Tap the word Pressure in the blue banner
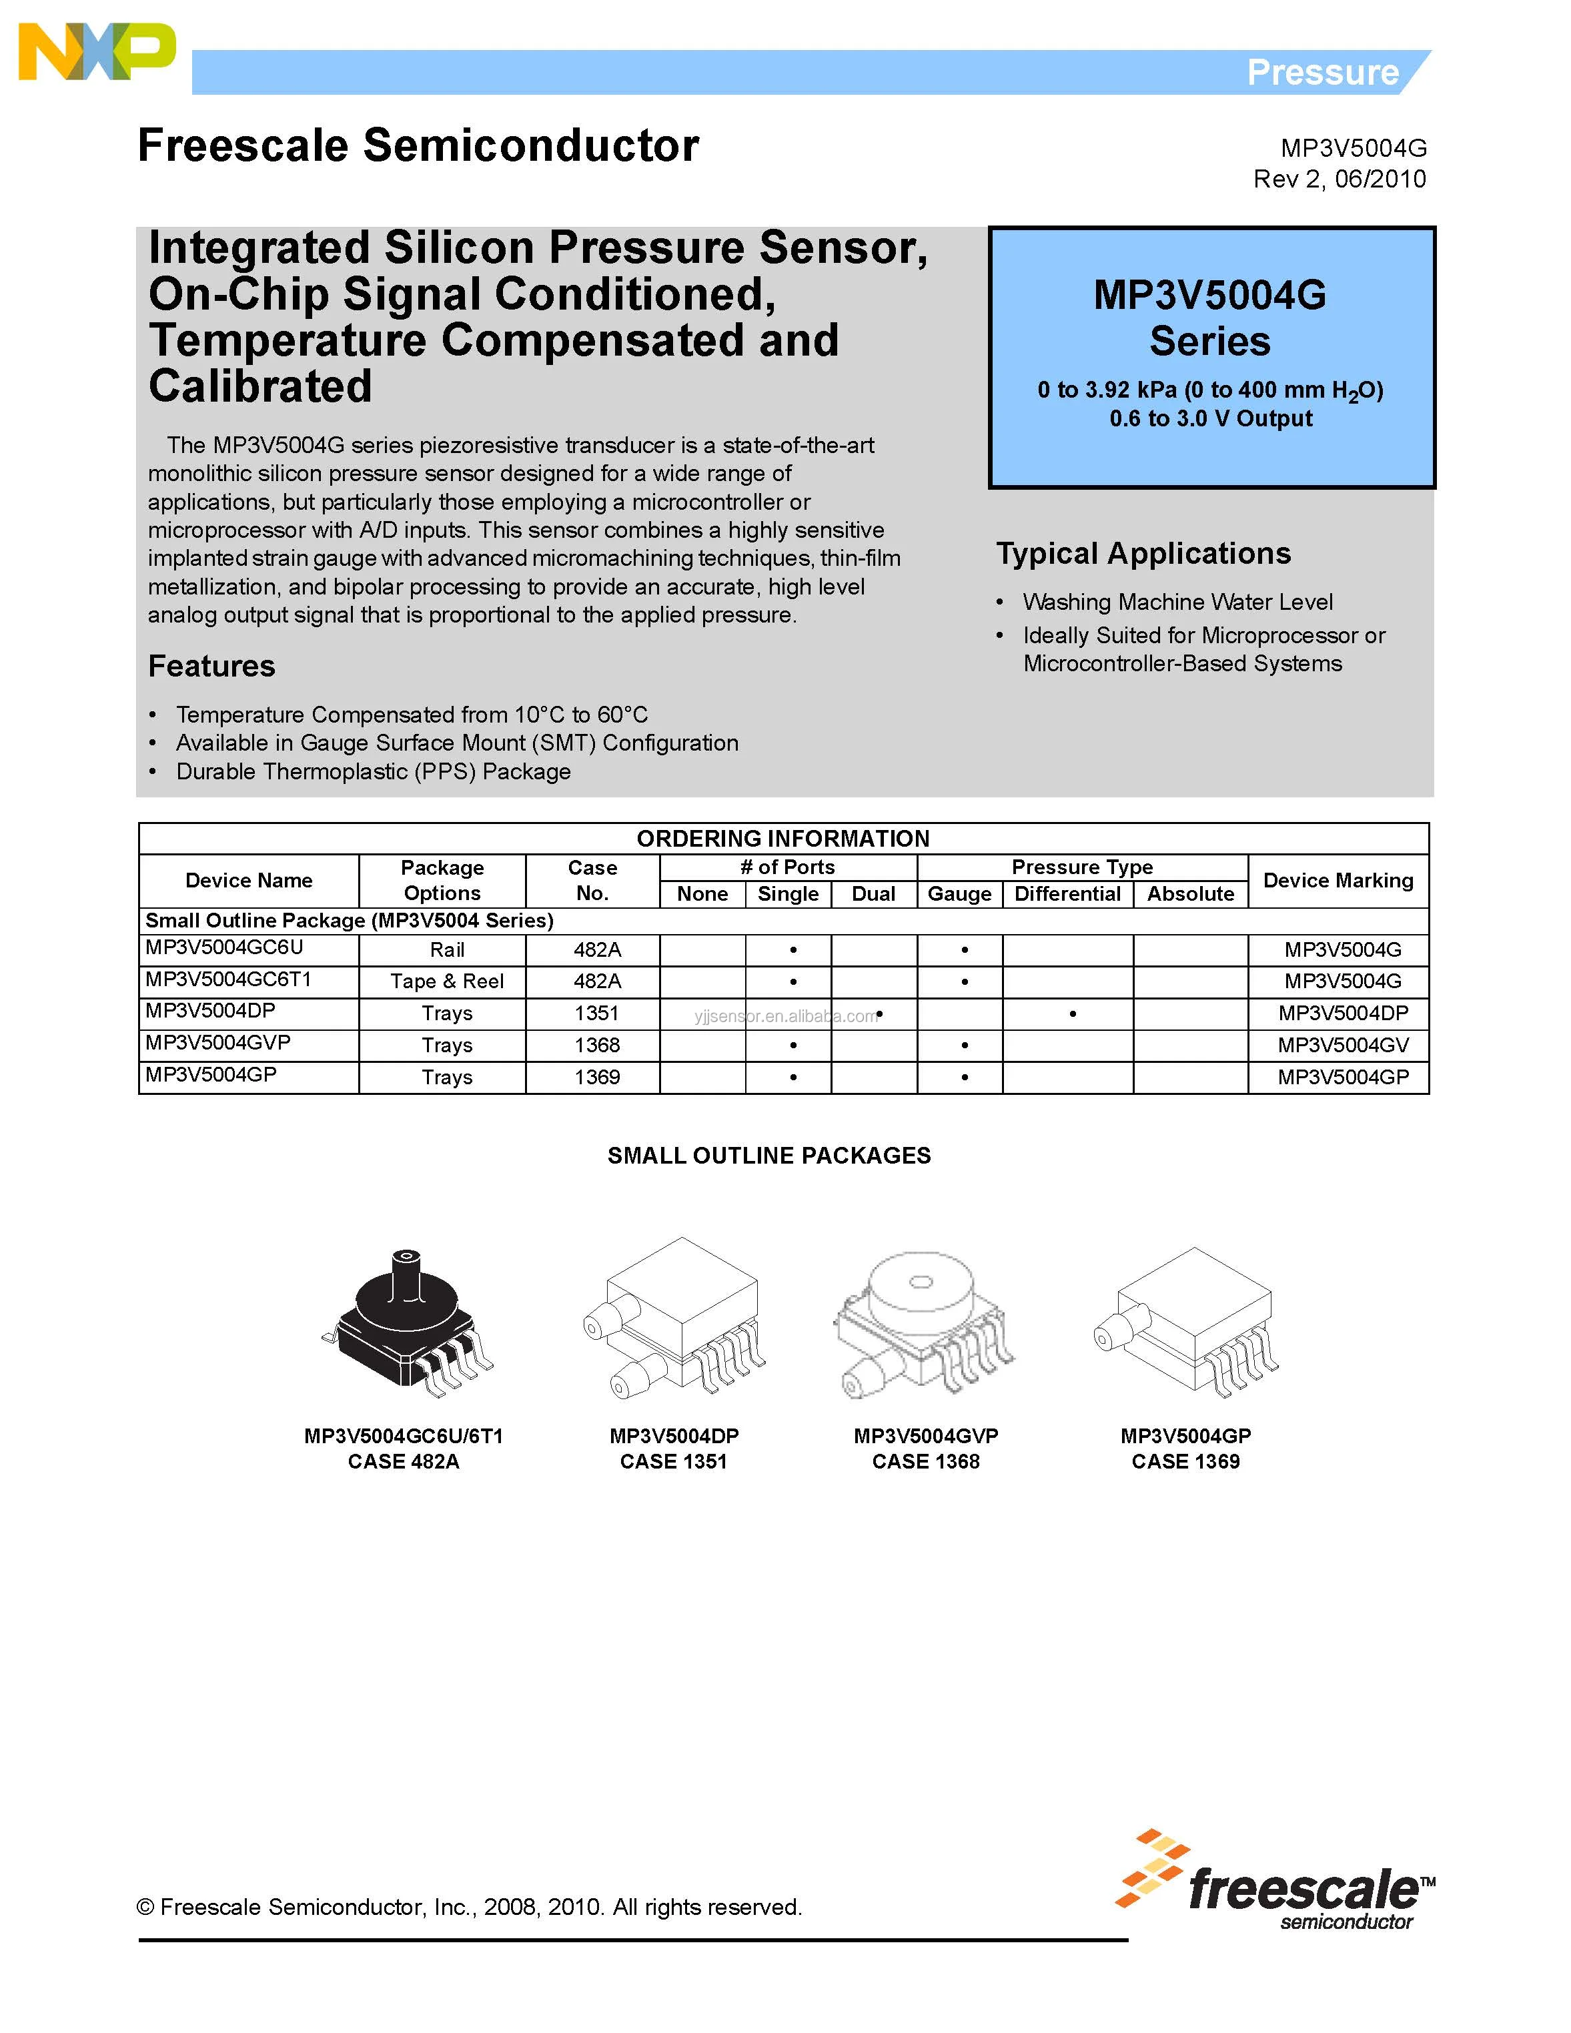coord(1322,73)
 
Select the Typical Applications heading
coord(1143,554)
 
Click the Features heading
coord(211,667)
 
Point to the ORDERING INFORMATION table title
coord(782,839)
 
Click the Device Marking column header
coord(1338,881)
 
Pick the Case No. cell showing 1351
coord(596,1013)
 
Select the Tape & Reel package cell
coord(447,981)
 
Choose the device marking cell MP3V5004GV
coord(1342,1046)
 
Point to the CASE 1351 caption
coord(673,1461)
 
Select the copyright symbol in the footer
coord(145,1908)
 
